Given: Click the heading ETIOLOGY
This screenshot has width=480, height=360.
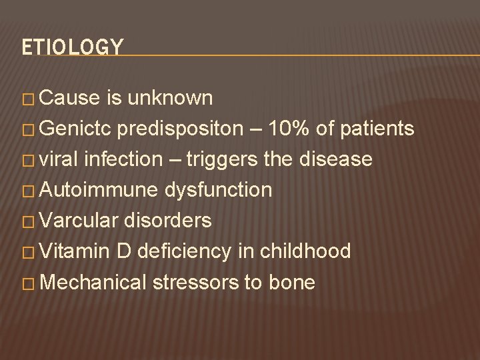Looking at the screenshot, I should [72, 47].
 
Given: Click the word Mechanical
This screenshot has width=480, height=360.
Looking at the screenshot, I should [93, 282].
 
